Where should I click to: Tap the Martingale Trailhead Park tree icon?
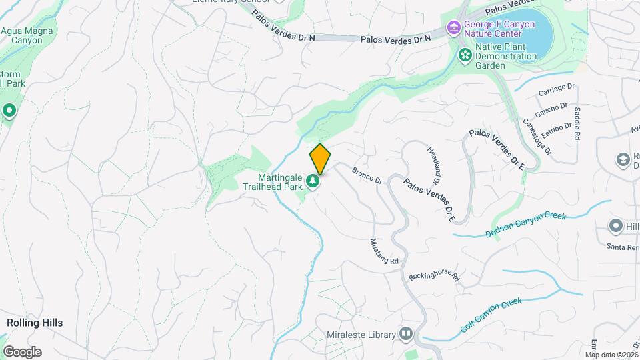312,181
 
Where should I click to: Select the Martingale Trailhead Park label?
280,181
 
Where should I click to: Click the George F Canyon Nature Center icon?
453,27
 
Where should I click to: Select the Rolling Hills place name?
35,323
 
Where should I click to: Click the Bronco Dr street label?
367,176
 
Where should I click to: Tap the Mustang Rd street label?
384,251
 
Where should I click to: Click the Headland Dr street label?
434,166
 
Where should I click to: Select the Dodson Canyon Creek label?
525,224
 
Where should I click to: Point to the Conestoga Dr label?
537,137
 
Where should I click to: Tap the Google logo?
22,351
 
